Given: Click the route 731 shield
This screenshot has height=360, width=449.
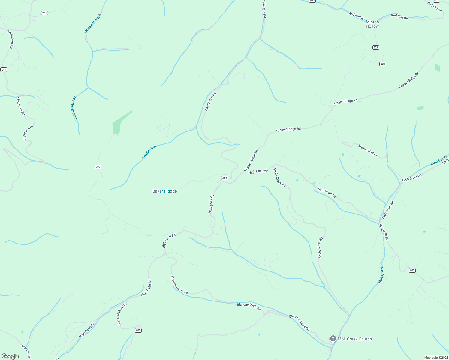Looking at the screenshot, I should [44, 13].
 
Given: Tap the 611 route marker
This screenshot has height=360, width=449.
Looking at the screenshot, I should [4, 70].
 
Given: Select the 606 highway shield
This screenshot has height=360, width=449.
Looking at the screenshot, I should [98, 167].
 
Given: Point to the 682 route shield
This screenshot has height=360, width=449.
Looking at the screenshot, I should [224, 178].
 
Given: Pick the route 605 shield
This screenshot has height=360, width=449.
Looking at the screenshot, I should [138, 330].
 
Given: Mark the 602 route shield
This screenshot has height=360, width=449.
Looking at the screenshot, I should [412, 270].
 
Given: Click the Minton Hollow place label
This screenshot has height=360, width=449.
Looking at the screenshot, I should [372, 24].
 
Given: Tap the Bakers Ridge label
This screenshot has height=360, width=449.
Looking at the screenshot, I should [164, 191].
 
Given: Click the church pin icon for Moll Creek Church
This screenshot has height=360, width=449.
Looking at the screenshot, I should [333, 339].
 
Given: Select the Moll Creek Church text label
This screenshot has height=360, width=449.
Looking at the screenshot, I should [355, 339].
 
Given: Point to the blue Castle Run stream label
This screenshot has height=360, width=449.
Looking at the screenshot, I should [149, 152].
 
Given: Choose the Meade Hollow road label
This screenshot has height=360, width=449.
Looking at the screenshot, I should [368, 150].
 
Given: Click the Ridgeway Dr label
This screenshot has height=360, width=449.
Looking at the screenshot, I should [384, 232].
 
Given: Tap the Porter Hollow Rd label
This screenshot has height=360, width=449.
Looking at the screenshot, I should [122, 314].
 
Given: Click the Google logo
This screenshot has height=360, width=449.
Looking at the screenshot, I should [10, 356].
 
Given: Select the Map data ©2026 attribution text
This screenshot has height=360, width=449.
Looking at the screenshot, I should [436, 358].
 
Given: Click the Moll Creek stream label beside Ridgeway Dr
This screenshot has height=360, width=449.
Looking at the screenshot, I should [381, 275].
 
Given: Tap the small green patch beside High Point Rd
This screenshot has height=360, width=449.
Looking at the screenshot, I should [314, 183].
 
